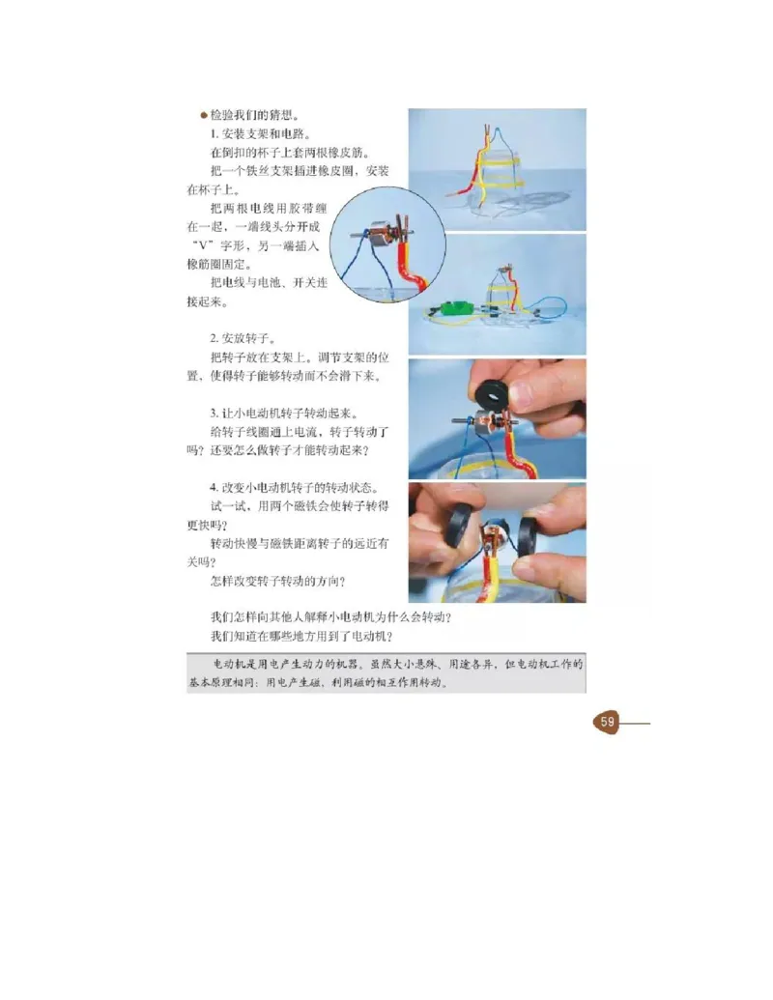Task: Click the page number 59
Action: (x=607, y=722)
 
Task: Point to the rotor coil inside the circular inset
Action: (x=385, y=238)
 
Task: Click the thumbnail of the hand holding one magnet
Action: (x=497, y=419)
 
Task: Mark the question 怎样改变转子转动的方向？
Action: (x=277, y=582)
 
